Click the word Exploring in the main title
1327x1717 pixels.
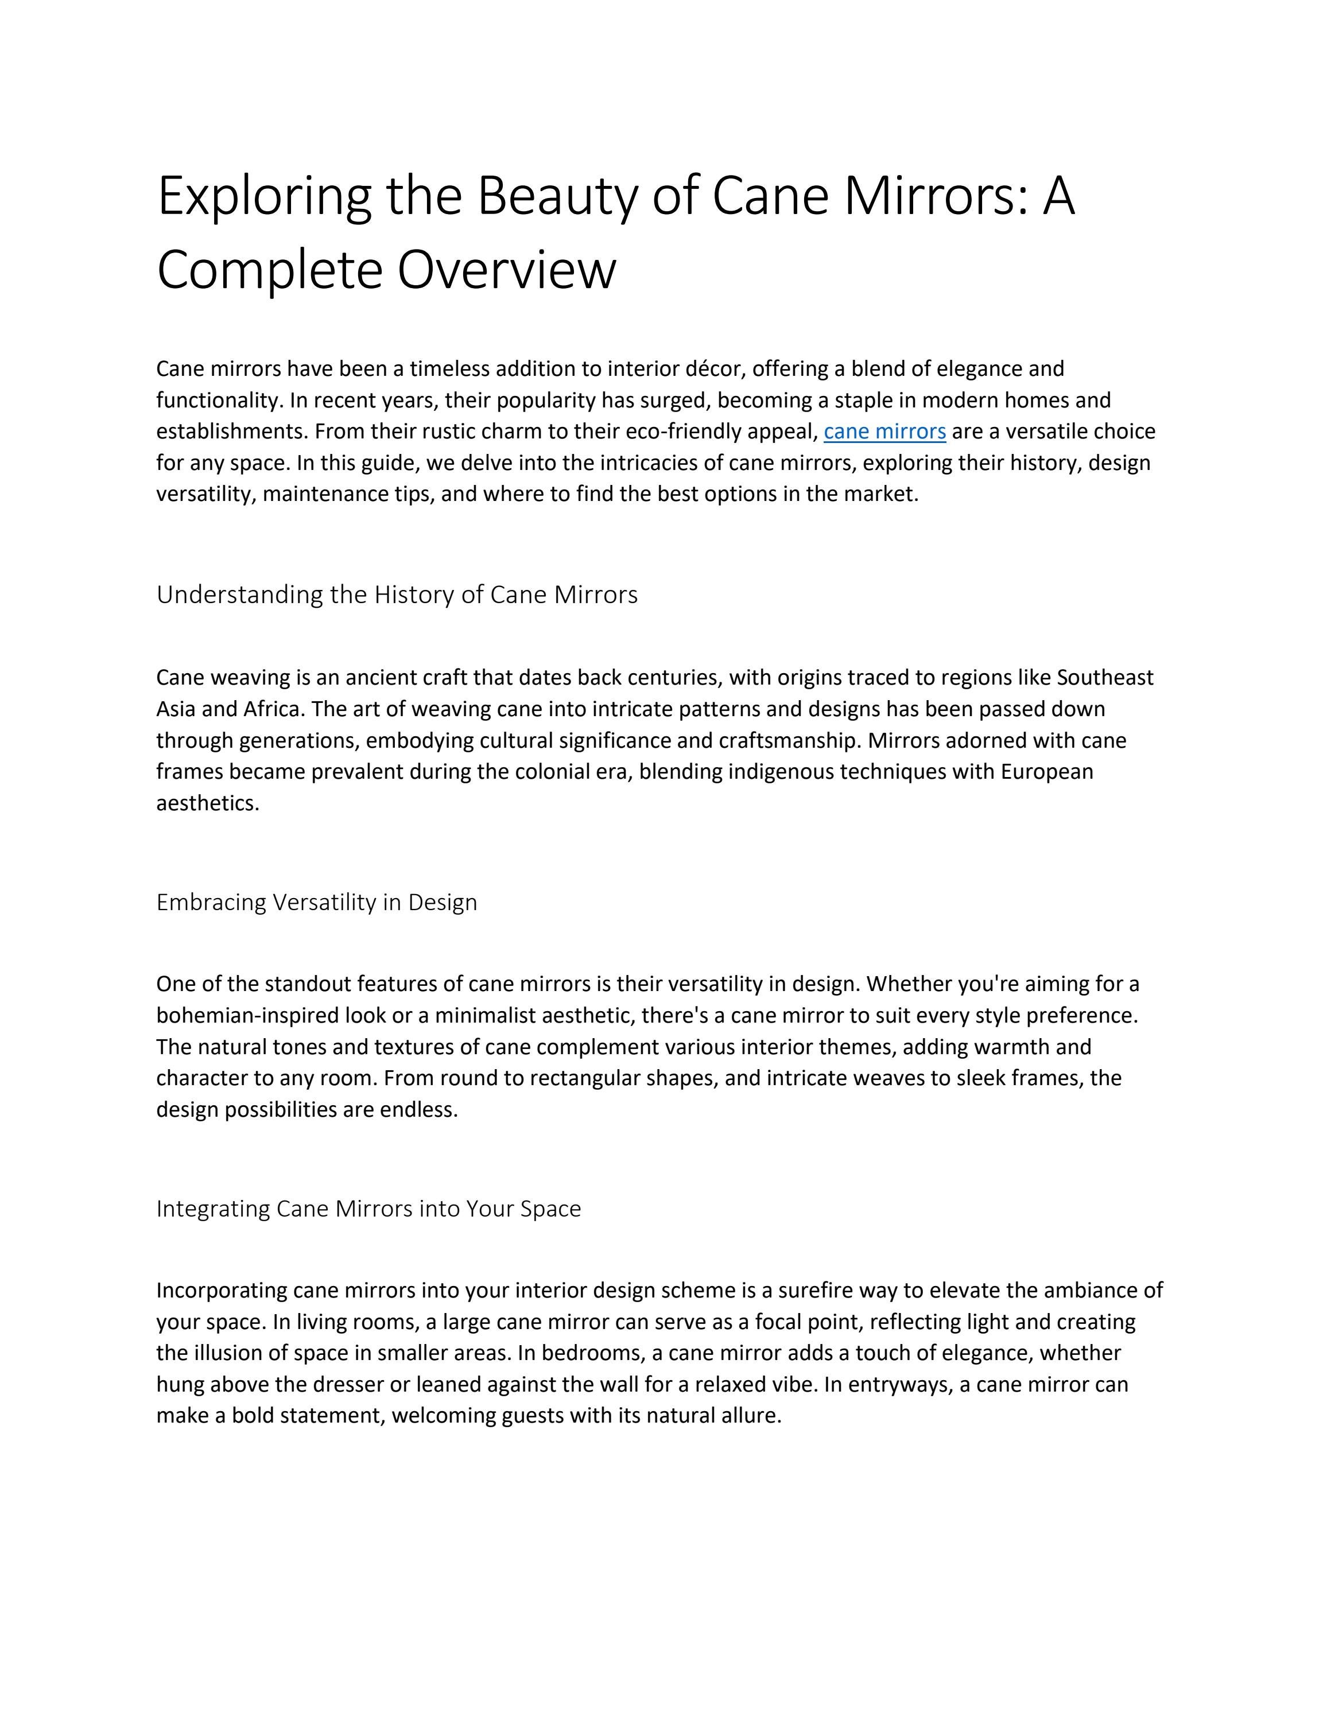coord(264,196)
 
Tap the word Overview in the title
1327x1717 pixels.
coord(506,270)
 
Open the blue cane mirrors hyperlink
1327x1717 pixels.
coord(884,432)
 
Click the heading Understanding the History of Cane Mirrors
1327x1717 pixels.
coord(397,595)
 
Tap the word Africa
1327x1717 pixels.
coord(272,709)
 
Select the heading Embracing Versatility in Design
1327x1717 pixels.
coord(317,902)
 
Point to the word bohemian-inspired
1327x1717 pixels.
coord(247,1016)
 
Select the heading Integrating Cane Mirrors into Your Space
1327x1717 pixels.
coord(368,1209)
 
